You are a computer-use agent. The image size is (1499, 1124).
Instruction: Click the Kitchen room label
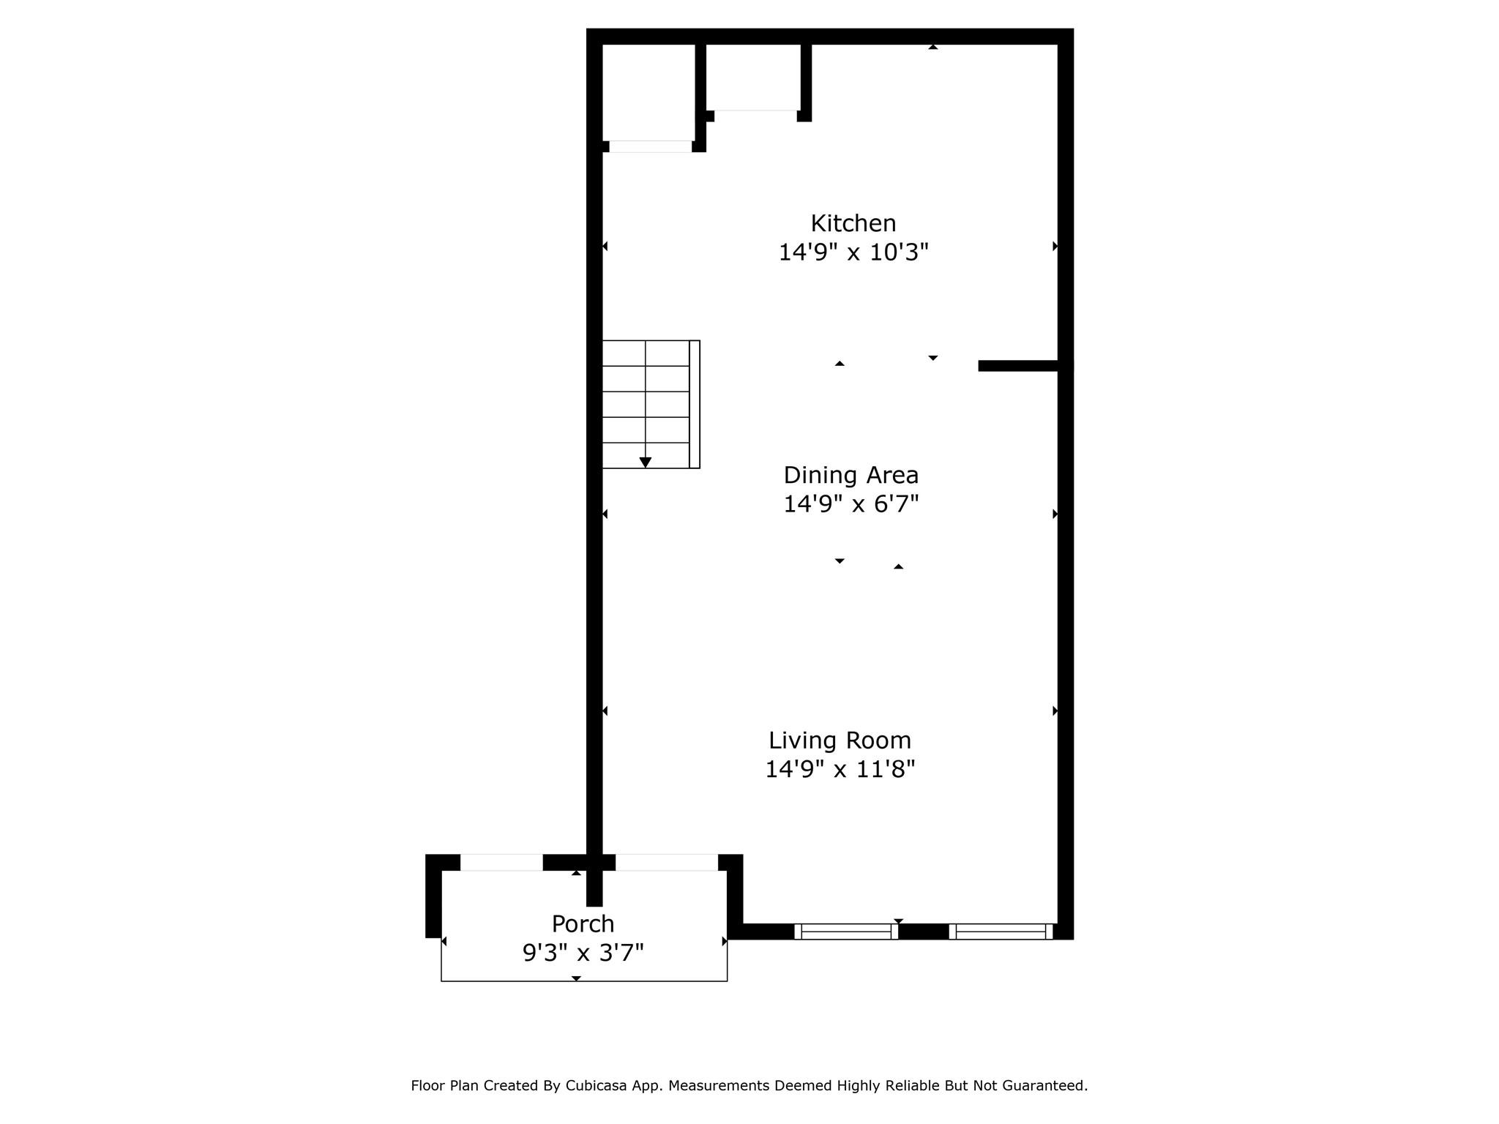(x=853, y=223)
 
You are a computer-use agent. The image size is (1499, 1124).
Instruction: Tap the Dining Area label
(x=851, y=476)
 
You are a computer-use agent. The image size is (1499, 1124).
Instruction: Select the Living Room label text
(x=840, y=741)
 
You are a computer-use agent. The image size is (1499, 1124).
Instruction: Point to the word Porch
(x=583, y=924)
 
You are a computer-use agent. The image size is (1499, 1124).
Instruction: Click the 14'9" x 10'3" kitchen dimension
(x=853, y=252)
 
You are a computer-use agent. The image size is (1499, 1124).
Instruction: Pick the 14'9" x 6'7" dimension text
(x=851, y=504)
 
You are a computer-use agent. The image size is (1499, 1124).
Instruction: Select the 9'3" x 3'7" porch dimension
(x=583, y=953)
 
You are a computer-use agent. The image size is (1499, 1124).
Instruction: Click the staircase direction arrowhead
(x=645, y=462)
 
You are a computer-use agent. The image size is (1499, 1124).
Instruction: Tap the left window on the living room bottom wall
(x=846, y=932)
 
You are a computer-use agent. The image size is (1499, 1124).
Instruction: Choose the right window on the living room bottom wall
(x=1001, y=932)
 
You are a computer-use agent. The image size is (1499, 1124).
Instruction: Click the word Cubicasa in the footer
(x=590, y=1086)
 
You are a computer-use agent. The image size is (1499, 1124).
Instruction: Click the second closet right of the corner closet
(x=754, y=77)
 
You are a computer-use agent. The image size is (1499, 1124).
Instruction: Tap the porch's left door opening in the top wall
(x=501, y=863)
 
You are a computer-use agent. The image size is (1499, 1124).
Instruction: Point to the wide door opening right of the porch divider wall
(x=666, y=863)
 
